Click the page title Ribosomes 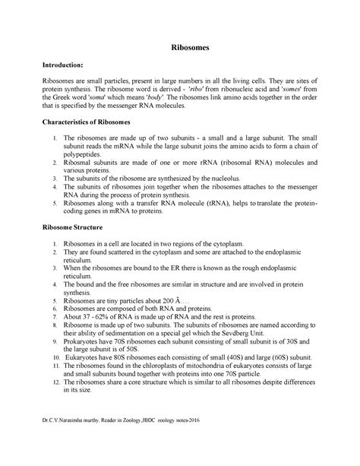click(x=179, y=47)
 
